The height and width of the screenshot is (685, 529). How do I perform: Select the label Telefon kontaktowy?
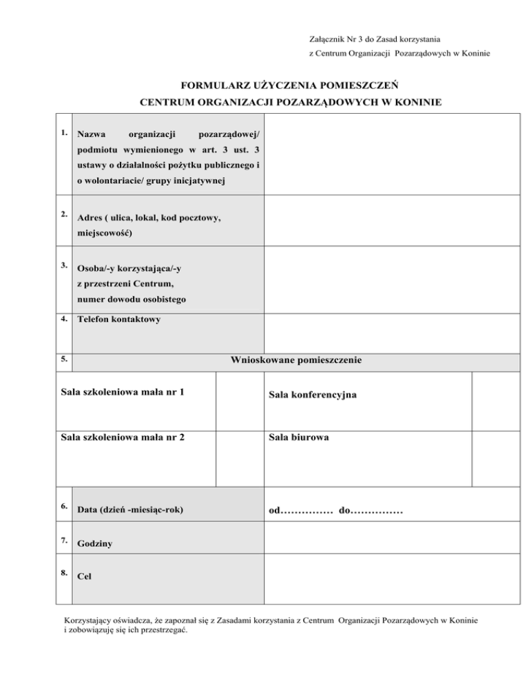point(117,320)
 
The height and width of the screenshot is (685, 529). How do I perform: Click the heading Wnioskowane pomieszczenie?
point(296,360)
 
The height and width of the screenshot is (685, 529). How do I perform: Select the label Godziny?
point(96,544)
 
